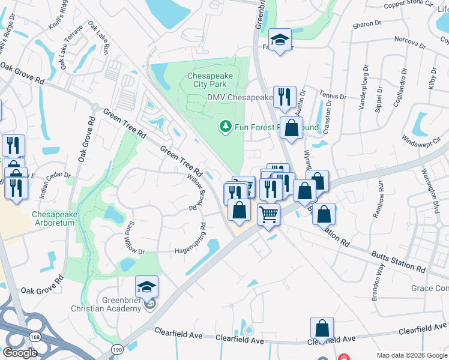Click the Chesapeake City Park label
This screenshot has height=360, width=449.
click(209, 80)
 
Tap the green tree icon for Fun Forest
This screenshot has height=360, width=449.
click(224, 127)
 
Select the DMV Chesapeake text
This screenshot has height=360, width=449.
click(240, 97)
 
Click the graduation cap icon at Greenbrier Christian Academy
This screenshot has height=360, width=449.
click(146, 287)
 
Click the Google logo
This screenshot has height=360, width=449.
click(20, 352)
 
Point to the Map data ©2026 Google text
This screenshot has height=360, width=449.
click(411, 355)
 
